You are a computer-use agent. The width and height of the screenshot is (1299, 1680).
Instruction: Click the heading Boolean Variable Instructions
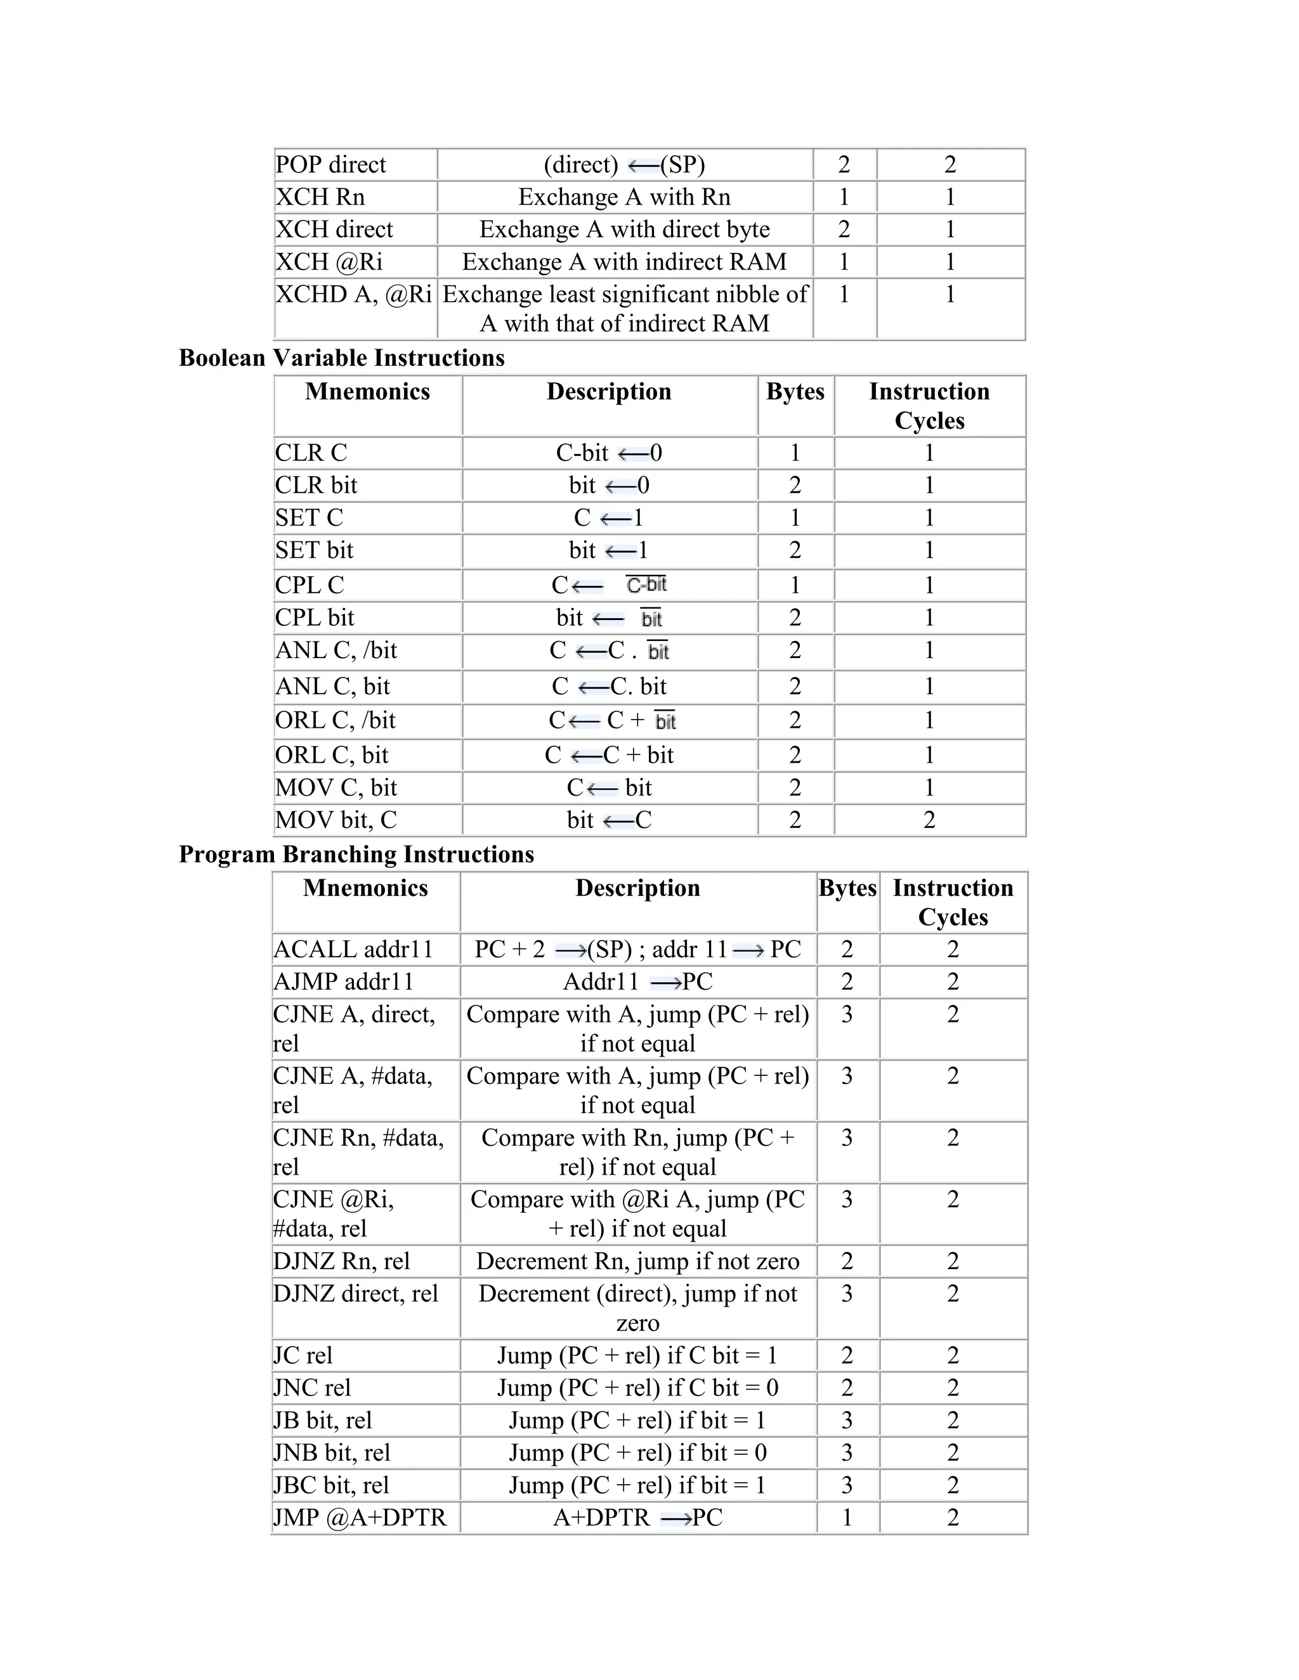pyautogui.click(x=342, y=358)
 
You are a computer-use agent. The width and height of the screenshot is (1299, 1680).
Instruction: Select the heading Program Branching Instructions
pyautogui.click(x=356, y=854)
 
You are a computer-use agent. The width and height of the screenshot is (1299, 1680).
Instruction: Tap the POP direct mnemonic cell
pyautogui.click(x=331, y=165)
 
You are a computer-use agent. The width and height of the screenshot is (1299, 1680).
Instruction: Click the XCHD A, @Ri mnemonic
pyautogui.click(x=353, y=294)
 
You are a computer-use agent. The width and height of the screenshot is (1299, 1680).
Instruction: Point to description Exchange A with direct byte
pyautogui.click(x=624, y=229)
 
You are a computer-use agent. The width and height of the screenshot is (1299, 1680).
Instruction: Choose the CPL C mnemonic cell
pyautogui.click(x=310, y=585)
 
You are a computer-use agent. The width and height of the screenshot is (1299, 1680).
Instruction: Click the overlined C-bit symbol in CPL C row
pyautogui.click(x=646, y=585)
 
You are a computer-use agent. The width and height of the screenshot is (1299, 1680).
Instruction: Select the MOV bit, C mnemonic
pyautogui.click(x=336, y=820)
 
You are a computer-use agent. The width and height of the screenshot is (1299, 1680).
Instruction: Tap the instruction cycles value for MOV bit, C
pyautogui.click(x=929, y=820)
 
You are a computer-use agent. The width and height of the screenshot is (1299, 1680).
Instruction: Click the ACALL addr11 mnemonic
pyautogui.click(x=353, y=949)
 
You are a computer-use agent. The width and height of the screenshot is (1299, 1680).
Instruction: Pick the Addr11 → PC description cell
pyautogui.click(x=638, y=981)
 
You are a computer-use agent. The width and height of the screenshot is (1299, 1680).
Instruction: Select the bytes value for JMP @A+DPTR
pyautogui.click(x=847, y=1518)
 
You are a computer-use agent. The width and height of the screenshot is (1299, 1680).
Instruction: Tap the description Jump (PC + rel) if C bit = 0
pyautogui.click(x=638, y=1388)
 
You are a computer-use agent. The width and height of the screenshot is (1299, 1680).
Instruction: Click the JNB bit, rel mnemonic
pyautogui.click(x=332, y=1452)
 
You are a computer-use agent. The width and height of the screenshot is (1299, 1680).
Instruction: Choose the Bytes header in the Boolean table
pyautogui.click(x=795, y=392)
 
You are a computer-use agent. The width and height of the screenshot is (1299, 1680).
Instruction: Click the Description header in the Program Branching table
pyautogui.click(x=638, y=888)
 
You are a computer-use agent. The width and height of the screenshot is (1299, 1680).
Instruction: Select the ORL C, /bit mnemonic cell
pyautogui.click(x=336, y=721)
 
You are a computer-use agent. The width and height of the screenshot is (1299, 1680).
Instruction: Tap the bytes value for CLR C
pyautogui.click(x=795, y=453)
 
